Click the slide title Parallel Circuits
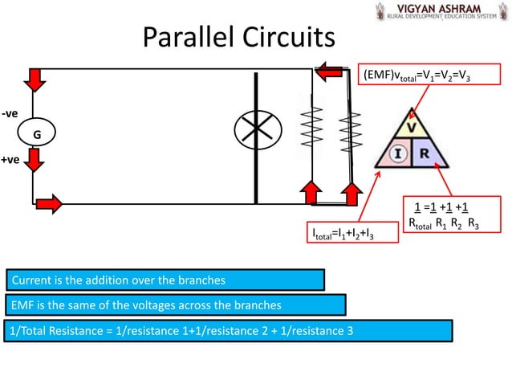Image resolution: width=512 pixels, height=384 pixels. (x=239, y=37)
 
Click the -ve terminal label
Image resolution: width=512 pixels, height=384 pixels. (x=10, y=114)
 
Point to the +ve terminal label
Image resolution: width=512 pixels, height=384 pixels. (x=10, y=161)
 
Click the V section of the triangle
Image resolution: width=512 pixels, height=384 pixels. (x=412, y=127)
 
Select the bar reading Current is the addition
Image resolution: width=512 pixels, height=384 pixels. (x=165, y=280)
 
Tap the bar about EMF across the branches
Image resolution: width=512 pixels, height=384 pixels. (x=175, y=305)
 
